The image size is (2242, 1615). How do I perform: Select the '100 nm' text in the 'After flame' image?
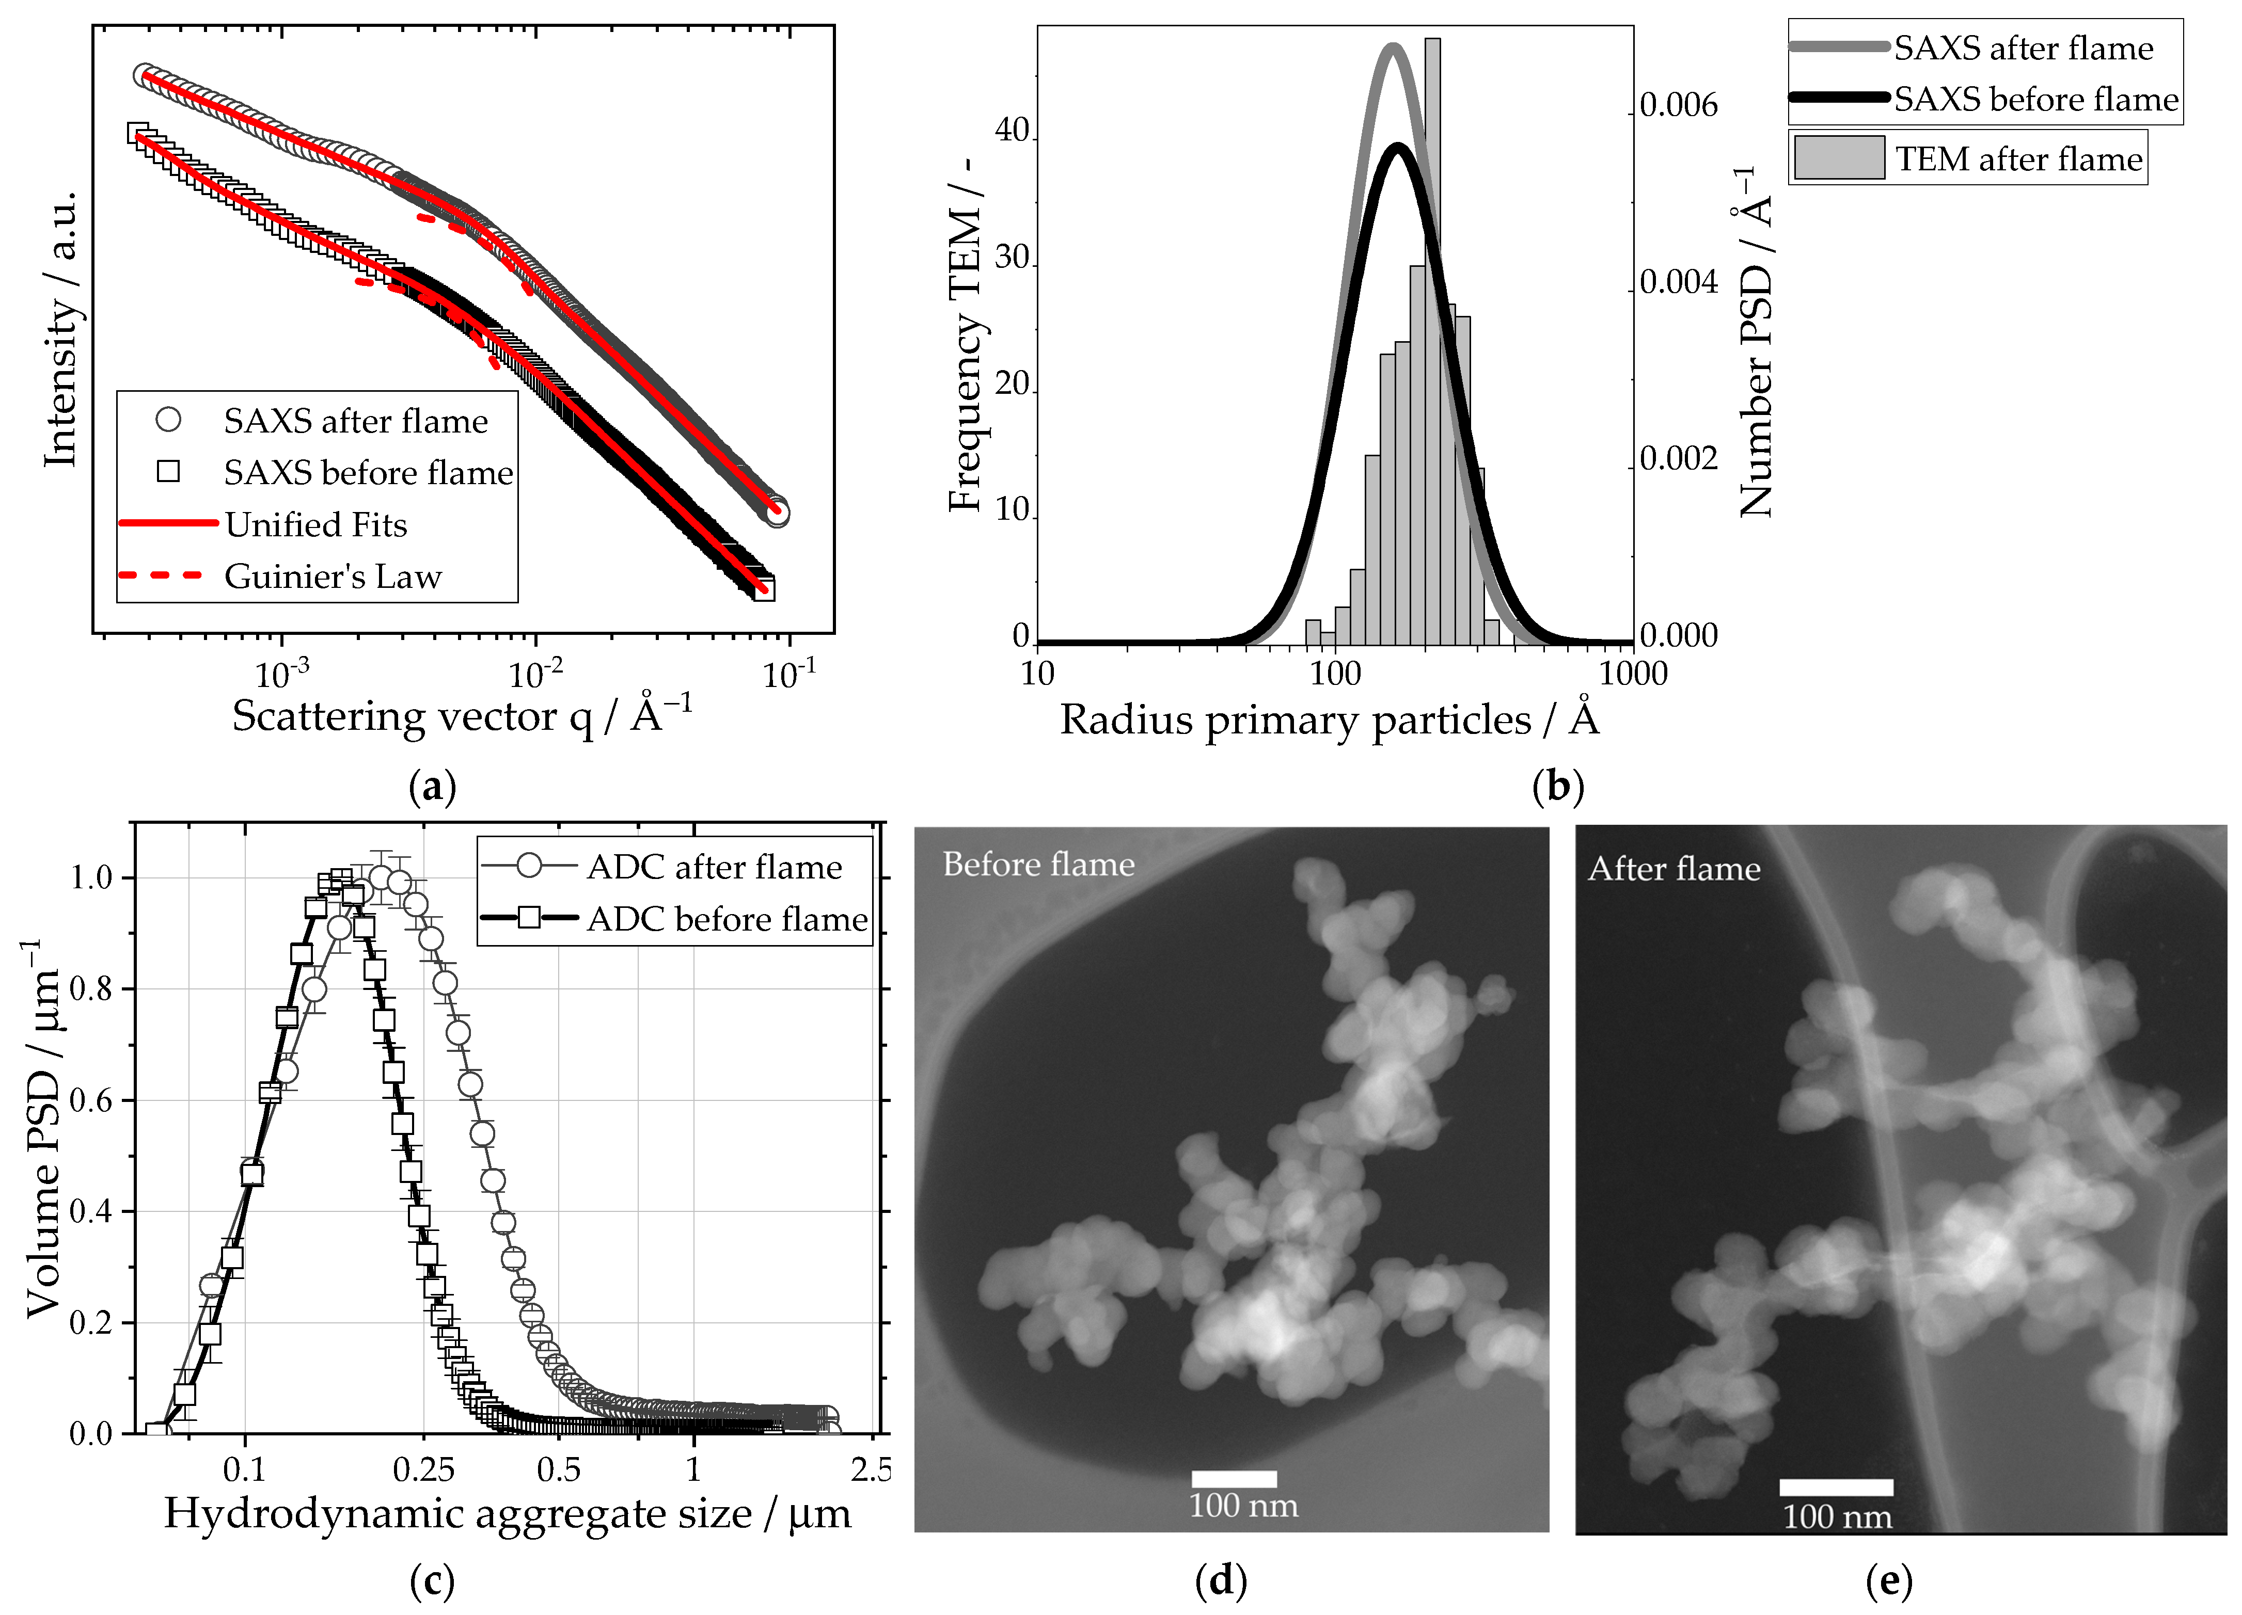(x=1837, y=1517)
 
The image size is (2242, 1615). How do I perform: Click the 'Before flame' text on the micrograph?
(x=1038, y=865)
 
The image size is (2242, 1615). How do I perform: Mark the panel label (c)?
(x=432, y=1581)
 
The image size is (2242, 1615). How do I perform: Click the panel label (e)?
(x=1888, y=1581)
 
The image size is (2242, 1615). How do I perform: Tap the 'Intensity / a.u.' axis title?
(x=61, y=331)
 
